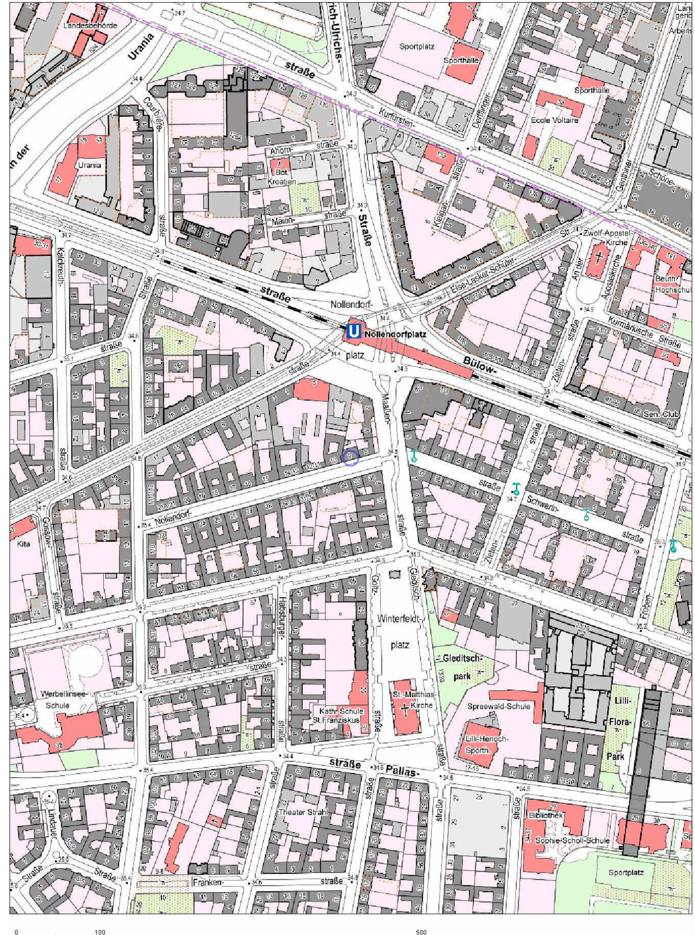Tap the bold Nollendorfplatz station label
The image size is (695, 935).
click(x=396, y=335)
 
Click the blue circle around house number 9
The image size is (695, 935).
click(x=350, y=458)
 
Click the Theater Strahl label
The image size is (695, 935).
click(x=303, y=812)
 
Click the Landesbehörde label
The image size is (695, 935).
click(x=90, y=26)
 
